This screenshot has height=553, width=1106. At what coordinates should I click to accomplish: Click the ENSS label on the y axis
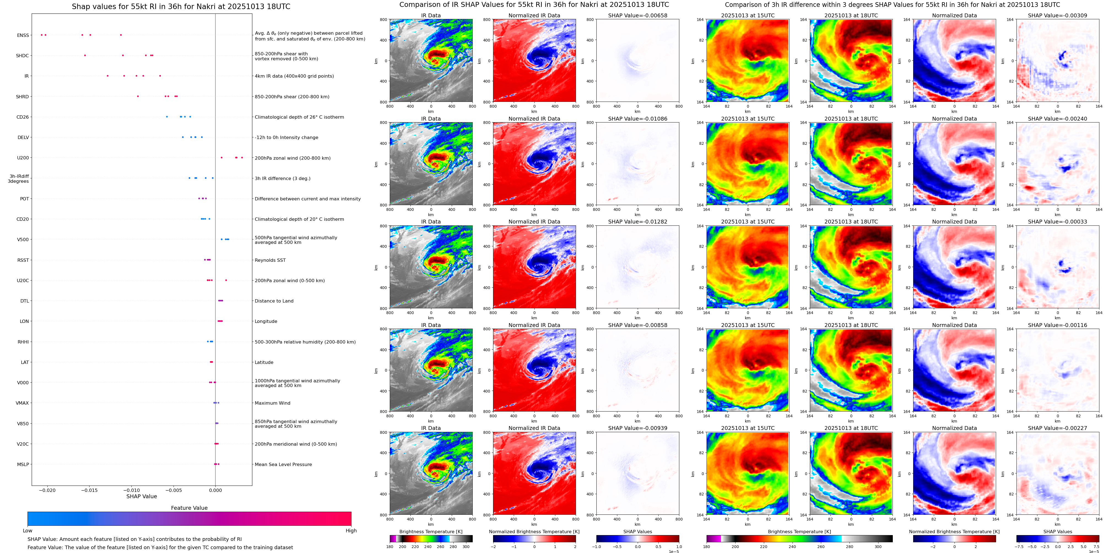(x=23, y=35)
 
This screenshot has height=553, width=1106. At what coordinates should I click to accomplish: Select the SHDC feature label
(x=22, y=56)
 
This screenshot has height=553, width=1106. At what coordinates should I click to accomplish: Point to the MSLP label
(x=23, y=464)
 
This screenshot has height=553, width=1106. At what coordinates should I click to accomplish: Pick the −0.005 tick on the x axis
(x=174, y=490)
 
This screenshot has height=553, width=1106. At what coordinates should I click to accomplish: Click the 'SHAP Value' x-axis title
(x=142, y=496)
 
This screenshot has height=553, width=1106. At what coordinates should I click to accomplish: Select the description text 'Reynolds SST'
(x=270, y=260)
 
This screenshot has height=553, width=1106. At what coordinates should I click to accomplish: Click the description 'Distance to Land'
(x=274, y=301)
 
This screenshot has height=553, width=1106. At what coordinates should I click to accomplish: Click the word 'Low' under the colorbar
(x=28, y=531)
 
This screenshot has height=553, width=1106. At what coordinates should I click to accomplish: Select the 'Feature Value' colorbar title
(x=189, y=508)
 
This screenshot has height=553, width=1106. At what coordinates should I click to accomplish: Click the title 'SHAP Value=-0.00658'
(x=638, y=15)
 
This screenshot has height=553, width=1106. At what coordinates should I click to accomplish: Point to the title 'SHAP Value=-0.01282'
(x=638, y=222)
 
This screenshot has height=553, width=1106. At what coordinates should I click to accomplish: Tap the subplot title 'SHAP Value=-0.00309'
(x=1058, y=15)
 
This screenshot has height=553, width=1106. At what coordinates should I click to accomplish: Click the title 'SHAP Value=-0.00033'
(x=1058, y=222)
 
